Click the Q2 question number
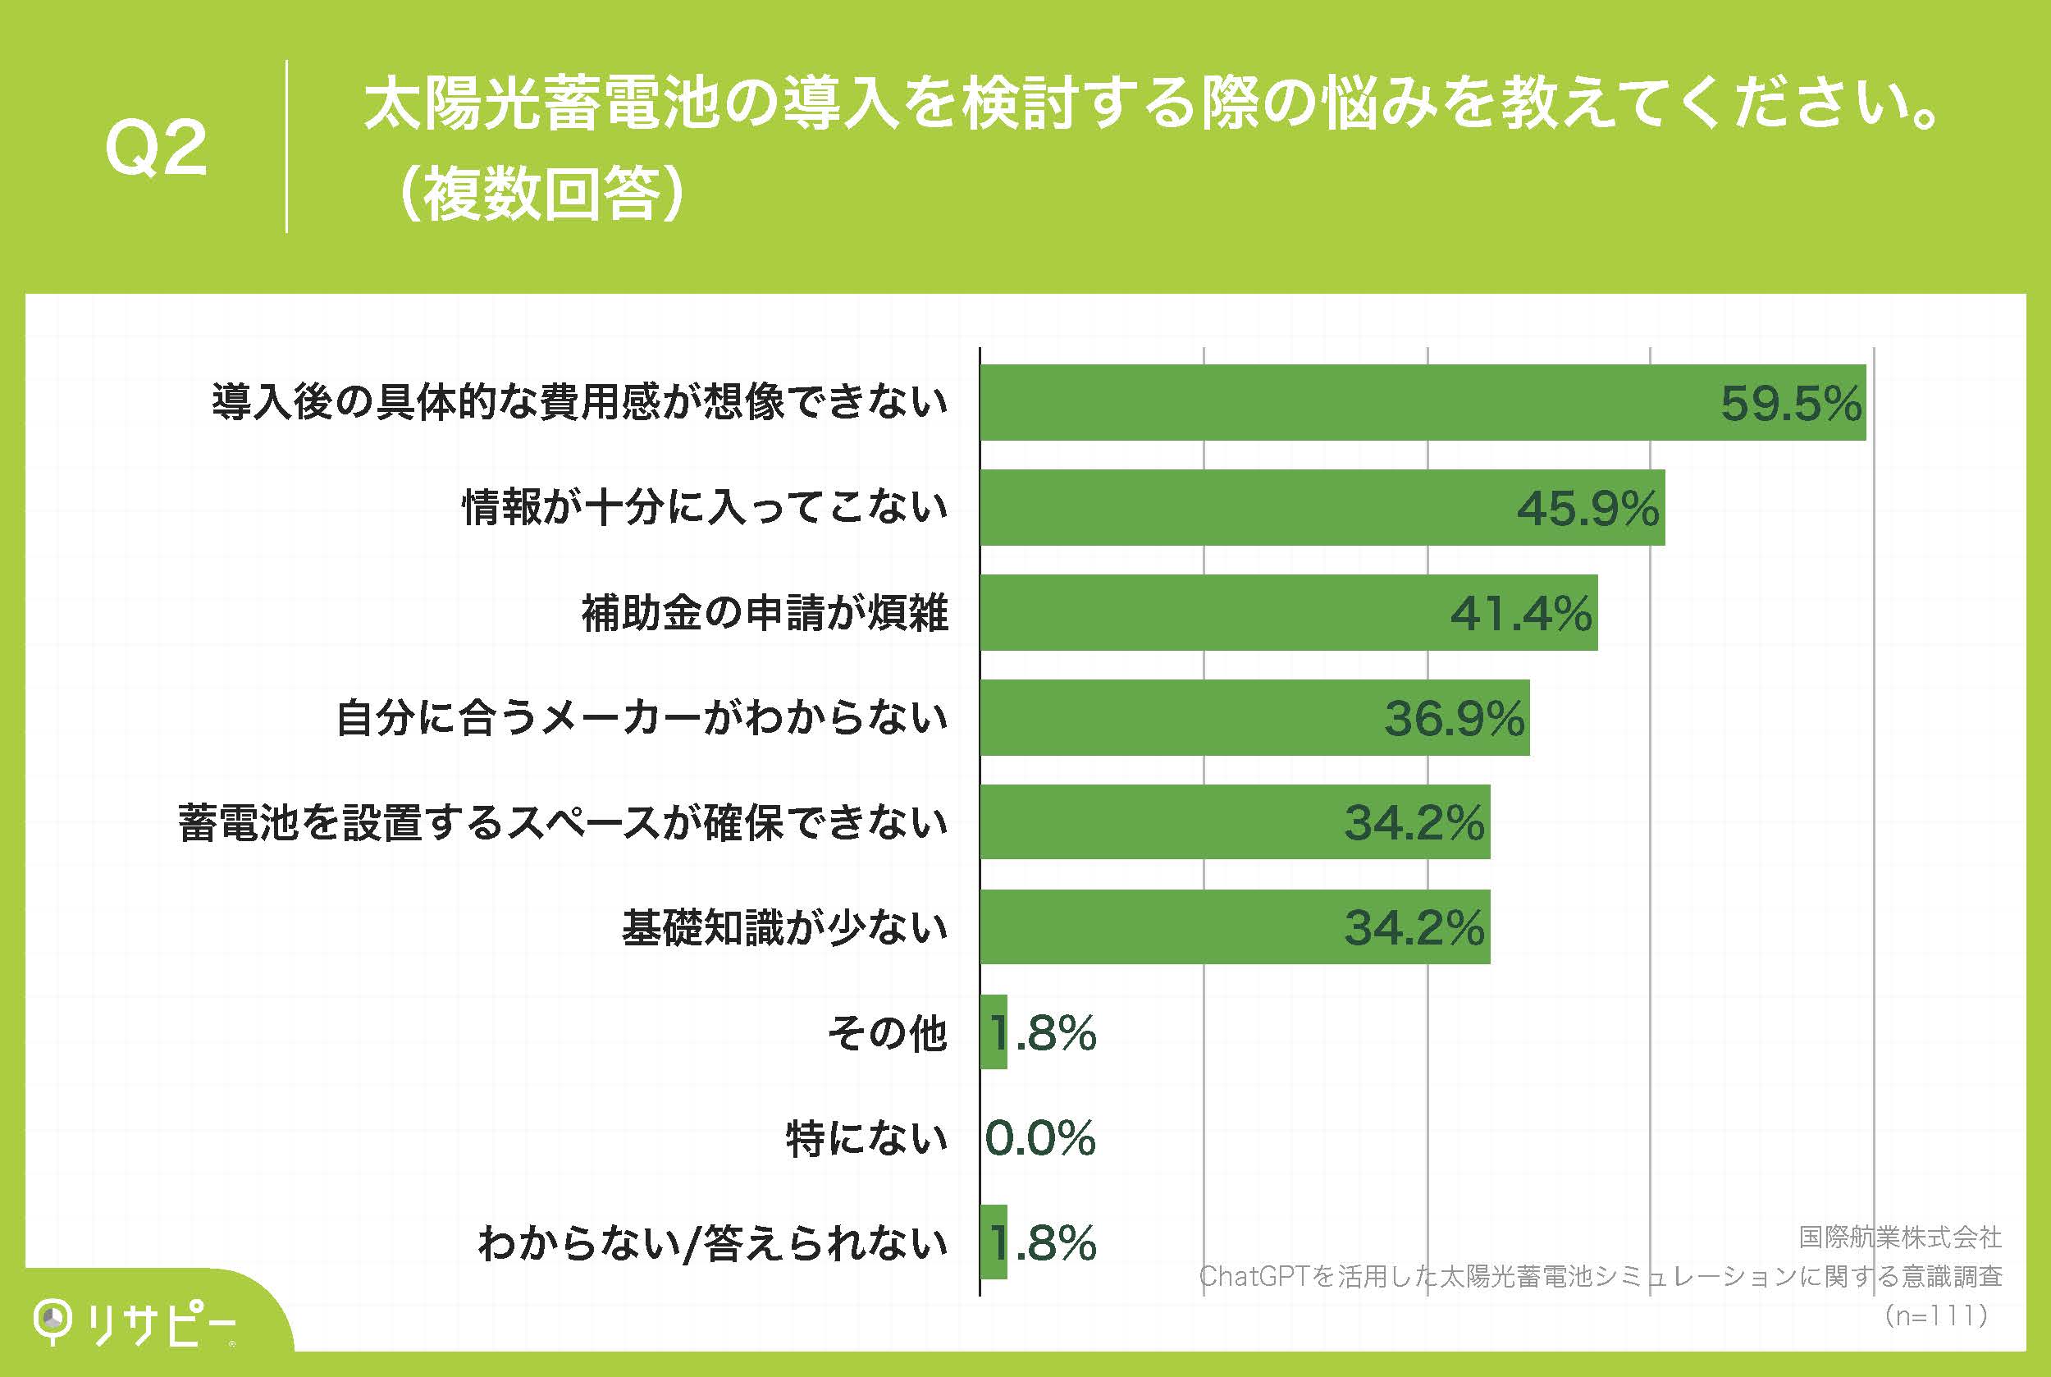(x=156, y=149)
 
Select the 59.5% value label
(x=1790, y=404)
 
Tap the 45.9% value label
(x=1587, y=509)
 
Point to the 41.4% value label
(x=1521, y=613)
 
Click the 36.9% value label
(x=1454, y=718)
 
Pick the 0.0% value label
(x=1040, y=1138)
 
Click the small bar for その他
(x=993, y=1032)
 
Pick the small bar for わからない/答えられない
(x=993, y=1242)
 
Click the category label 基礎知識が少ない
(x=785, y=928)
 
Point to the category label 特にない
(x=866, y=1138)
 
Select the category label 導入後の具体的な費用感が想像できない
(x=579, y=403)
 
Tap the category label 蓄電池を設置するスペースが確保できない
(x=563, y=823)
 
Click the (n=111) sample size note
(x=1935, y=1315)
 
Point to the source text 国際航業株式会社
(x=1900, y=1237)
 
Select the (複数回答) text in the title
(x=539, y=193)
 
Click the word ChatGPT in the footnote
(x=1254, y=1276)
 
